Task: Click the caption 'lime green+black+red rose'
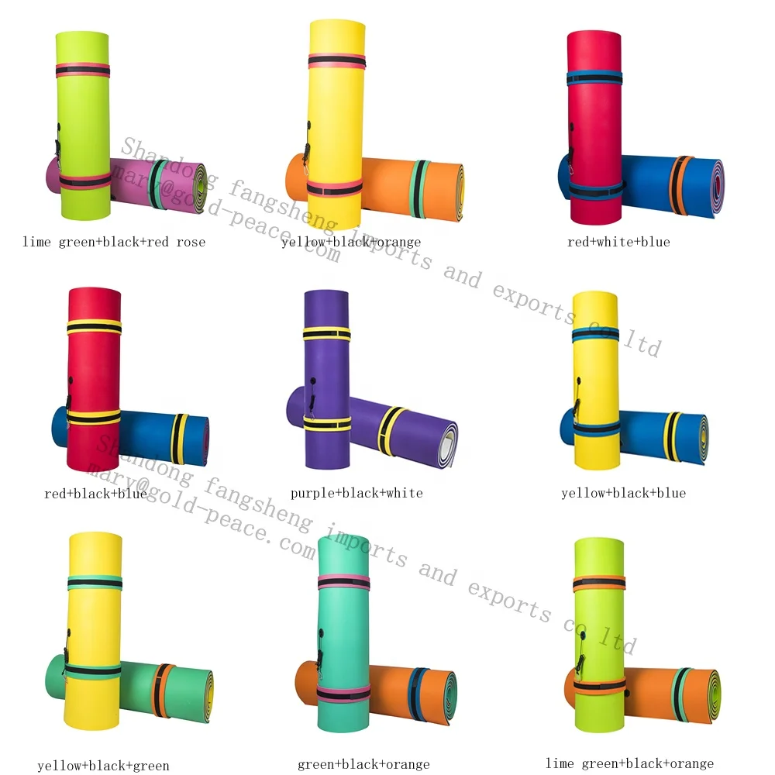pyautogui.click(x=114, y=242)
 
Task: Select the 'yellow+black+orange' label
pyautogui.click(x=351, y=242)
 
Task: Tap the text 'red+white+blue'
pyautogui.click(x=618, y=242)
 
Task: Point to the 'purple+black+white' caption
pyautogui.click(x=356, y=493)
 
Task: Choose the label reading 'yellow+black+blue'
pyautogui.click(x=623, y=493)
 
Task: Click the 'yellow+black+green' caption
pyautogui.click(x=103, y=766)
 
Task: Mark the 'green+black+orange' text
pyautogui.click(x=363, y=765)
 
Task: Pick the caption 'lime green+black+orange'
pyautogui.click(x=629, y=764)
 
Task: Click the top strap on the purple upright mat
pyautogui.click(x=326, y=333)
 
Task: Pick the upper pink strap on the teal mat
pyautogui.click(x=343, y=582)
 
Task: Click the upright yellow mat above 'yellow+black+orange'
pyautogui.click(x=336, y=116)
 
